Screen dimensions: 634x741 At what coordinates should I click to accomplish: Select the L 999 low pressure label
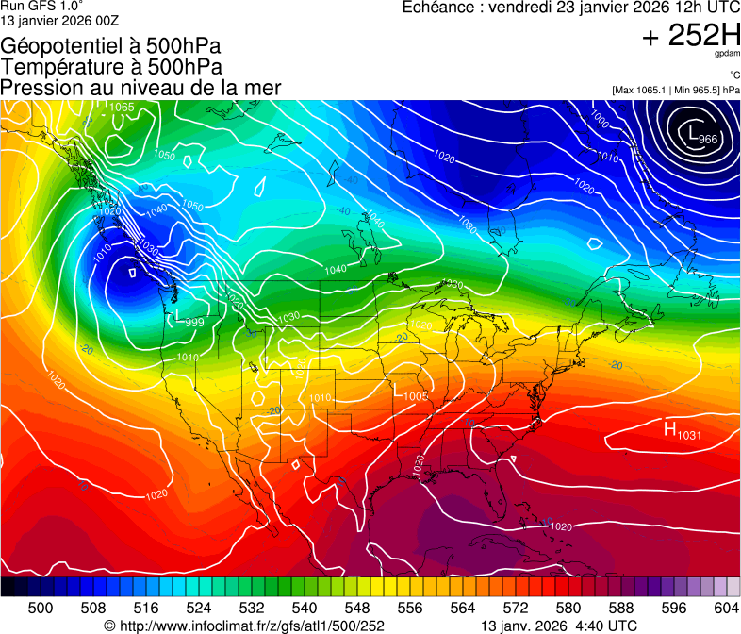[x=189, y=320]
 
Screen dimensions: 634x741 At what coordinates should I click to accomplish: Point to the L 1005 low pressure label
[x=411, y=395]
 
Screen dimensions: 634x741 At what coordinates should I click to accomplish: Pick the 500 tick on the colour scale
[x=41, y=608]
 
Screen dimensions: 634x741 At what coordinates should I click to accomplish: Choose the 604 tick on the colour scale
[x=726, y=608]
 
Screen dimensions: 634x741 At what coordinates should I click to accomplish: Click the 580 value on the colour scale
[x=568, y=608]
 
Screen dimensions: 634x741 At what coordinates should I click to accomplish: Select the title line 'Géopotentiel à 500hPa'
[x=111, y=46]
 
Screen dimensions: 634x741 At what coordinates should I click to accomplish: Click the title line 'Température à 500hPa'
[x=111, y=67]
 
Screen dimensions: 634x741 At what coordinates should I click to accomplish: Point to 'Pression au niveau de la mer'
[x=140, y=88]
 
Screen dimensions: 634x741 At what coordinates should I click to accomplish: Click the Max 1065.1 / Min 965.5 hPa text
[x=675, y=90]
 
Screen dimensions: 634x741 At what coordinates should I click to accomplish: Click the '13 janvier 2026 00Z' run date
[x=59, y=19]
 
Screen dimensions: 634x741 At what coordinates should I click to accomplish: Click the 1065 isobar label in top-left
[x=121, y=107]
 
